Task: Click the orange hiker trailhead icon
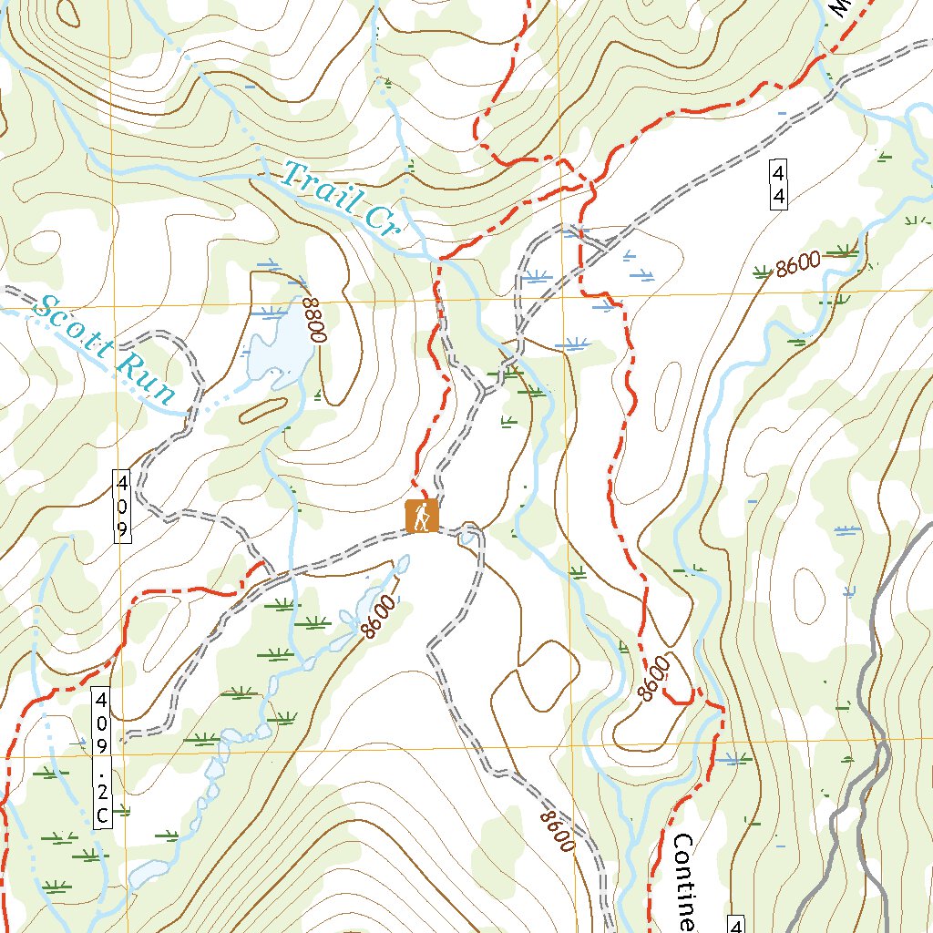[x=422, y=517]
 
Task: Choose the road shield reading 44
[x=778, y=185]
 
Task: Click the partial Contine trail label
[x=684, y=879]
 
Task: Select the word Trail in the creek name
[x=319, y=187]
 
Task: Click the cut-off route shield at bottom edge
[x=737, y=926]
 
